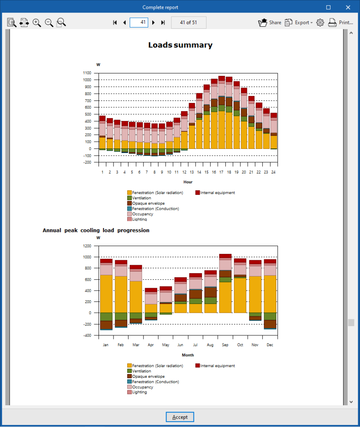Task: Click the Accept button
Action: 180,417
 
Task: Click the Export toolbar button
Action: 298,23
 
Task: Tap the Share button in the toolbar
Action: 270,23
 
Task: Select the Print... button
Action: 340,23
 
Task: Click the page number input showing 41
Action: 139,23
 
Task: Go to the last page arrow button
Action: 163,23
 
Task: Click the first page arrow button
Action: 115,23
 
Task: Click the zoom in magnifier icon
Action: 37,23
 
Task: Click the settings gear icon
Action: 320,23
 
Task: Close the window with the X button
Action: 348,8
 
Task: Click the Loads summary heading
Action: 180,45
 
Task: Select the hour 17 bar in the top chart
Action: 222,113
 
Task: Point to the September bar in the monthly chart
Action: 225,284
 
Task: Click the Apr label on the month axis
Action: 151,345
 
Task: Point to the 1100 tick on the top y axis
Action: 87,73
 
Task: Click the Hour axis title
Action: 188,182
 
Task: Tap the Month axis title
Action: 188,355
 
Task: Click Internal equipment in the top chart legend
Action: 215,193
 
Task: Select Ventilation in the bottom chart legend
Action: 139,371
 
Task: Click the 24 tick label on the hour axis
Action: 273,172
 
